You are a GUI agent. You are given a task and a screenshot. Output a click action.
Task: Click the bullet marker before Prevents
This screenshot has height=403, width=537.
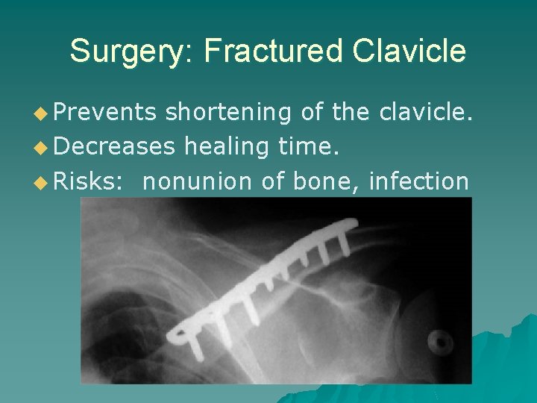click(x=61, y=113)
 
